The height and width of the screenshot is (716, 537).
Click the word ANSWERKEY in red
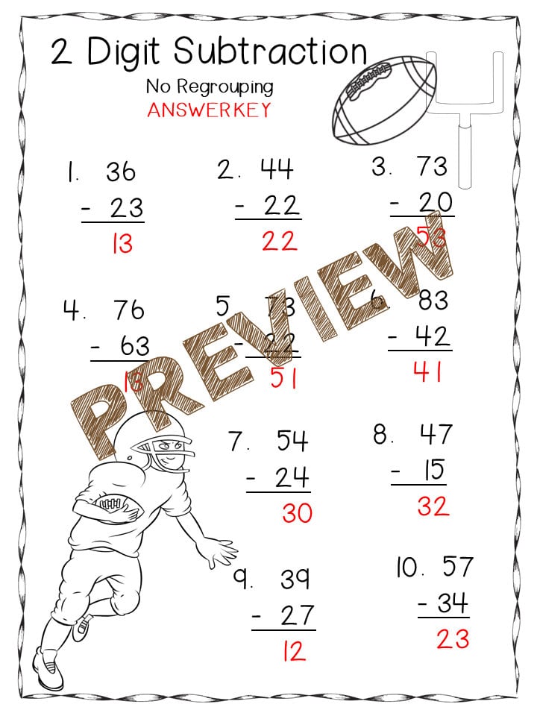pos(208,110)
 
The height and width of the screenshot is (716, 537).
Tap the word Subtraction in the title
pos(270,52)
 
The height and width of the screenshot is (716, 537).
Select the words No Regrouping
pos(210,87)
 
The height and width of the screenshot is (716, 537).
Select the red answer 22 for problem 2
pos(279,241)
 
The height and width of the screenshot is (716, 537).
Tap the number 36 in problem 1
pos(120,172)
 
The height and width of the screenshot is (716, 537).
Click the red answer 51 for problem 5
pos(283,378)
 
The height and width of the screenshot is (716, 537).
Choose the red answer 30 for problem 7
pos(297,513)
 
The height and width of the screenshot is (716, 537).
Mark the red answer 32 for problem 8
pos(433,506)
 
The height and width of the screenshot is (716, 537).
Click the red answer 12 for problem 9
pos(294,651)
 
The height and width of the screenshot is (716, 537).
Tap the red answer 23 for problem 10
pos(452,638)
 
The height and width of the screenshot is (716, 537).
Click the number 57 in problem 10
pos(456,567)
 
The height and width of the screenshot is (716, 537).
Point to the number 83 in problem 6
pos(433,300)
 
